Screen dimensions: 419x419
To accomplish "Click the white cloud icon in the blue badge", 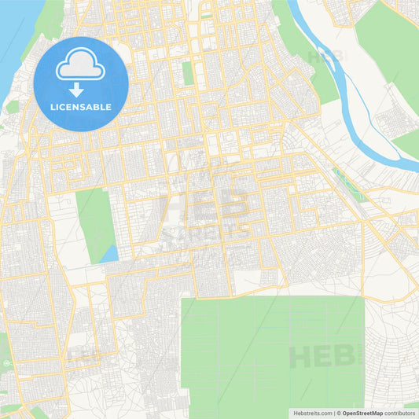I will point(81,66).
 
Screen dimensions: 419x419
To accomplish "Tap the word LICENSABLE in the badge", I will point(81,107).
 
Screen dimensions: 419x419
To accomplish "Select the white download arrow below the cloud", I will point(81,87).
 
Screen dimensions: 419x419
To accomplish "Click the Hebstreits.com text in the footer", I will point(311,413).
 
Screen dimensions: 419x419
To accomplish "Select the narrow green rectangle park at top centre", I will point(187,73).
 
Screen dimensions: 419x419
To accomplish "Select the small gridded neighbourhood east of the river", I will point(390,122).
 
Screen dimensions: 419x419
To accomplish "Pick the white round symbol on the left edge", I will point(6,364).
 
